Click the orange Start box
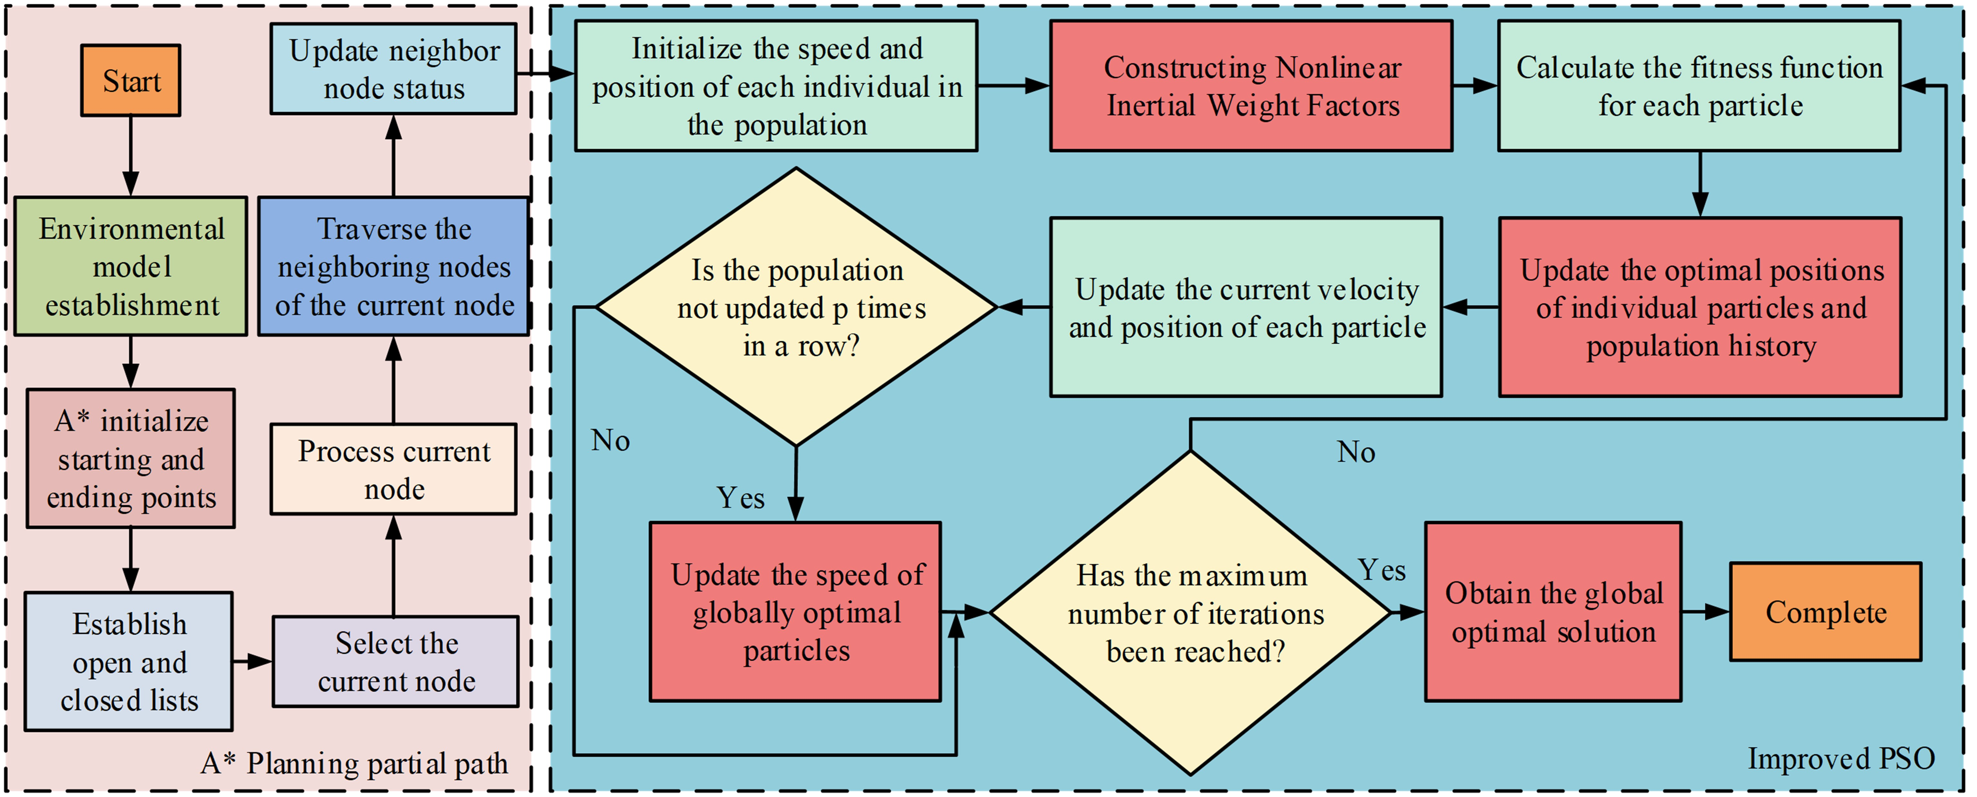pyautogui.click(x=131, y=81)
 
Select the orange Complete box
pyautogui.click(x=1826, y=612)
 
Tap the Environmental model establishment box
pyautogui.click(x=131, y=266)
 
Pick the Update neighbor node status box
pyautogui.click(x=394, y=69)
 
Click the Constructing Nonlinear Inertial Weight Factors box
pyautogui.click(x=1251, y=86)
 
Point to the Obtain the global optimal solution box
pyautogui.click(x=1553, y=612)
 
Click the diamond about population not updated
pyautogui.click(x=797, y=307)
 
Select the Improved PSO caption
pyautogui.click(x=1841, y=759)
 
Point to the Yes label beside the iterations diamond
pyautogui.click(x=1381, y=570)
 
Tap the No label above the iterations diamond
pyautogui.click(x=1356, y=452)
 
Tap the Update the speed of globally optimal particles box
pyautogui.click(x=796, y=612)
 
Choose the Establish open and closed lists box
pyautogui.click(x=129, y=661)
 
